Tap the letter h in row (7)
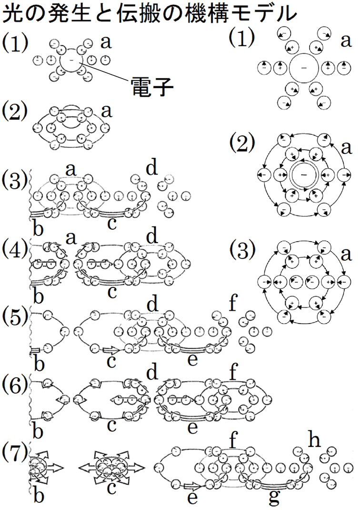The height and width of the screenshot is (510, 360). tap(314, 440)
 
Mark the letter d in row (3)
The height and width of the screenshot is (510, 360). tap(152, 170)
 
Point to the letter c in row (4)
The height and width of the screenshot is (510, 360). tap(111, 291)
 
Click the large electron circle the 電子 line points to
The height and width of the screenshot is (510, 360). tap(71, 61)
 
